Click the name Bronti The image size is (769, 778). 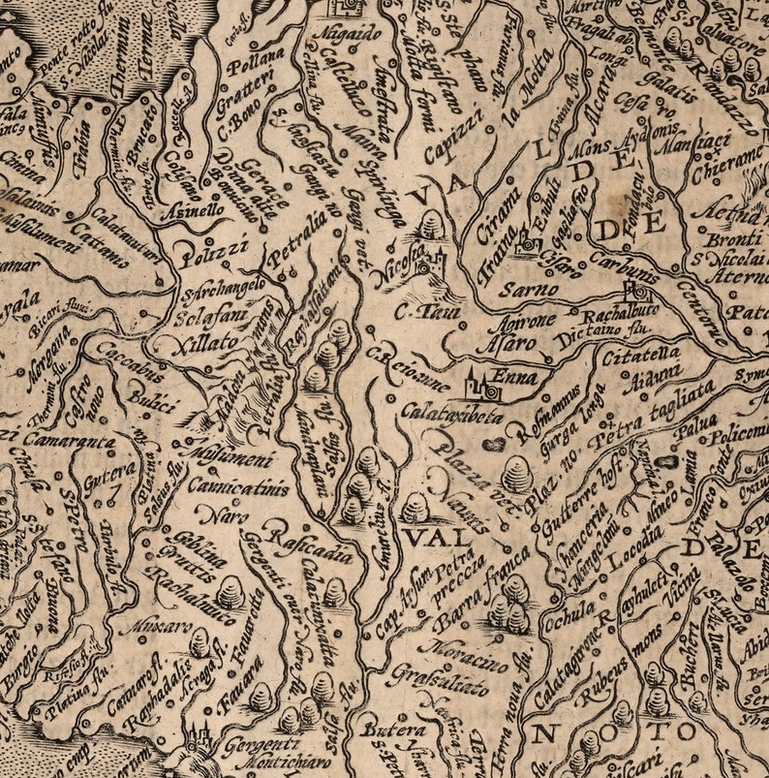(x=735, y=238)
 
